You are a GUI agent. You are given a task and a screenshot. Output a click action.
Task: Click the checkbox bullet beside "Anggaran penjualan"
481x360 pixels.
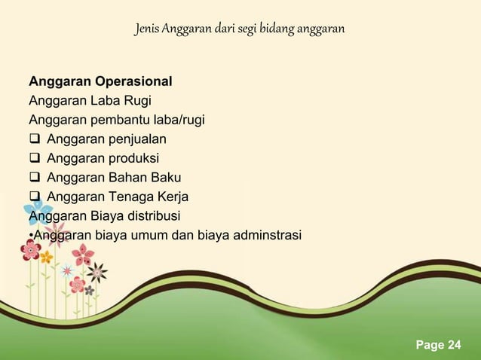pos(35,139)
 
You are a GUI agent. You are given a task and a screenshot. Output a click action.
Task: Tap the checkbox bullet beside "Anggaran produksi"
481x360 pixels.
pos(35,158)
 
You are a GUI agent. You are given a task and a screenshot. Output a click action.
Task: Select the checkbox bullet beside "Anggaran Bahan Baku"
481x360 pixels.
pos(35,178)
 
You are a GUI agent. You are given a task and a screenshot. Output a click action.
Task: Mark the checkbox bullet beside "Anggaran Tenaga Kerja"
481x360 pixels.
pos(35,197)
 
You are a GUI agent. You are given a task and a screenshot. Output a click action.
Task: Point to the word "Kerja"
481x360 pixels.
pos(172,197)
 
